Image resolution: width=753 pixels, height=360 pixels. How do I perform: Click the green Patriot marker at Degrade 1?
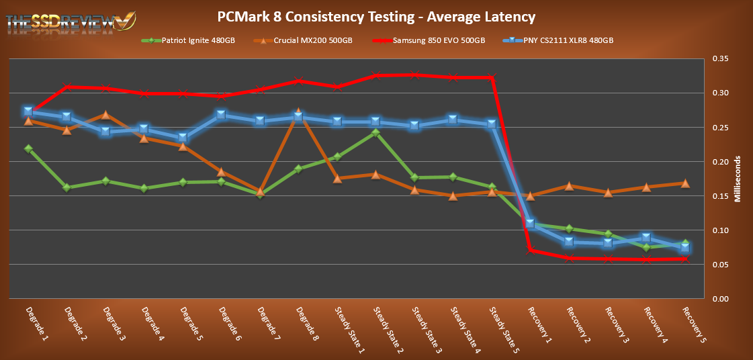click(x=28, y=148)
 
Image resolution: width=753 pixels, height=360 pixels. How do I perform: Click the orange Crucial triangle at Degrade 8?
click(x=298, y=114)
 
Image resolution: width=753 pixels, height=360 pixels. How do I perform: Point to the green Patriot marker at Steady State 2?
click(x=375, y=132)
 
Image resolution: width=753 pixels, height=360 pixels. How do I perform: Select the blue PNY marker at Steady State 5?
click(x=492, y=124)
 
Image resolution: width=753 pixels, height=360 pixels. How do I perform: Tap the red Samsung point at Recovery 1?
click(x=530, y=250)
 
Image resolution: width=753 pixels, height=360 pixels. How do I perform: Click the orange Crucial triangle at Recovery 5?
click(x=685, y=183)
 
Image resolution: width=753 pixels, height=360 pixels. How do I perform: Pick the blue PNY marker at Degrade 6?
click(x=221, y=115)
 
